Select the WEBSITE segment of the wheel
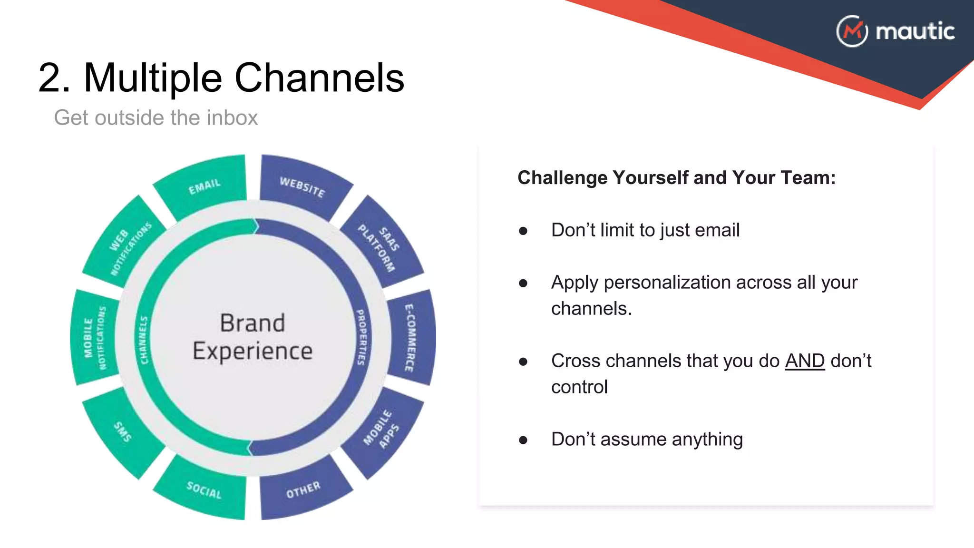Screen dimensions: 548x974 click(302, 187)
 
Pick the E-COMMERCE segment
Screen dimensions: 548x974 click(410, 338)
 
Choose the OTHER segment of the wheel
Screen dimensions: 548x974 click(303, 490)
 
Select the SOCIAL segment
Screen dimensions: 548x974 click(204, 490)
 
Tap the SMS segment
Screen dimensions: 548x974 click(123, 431)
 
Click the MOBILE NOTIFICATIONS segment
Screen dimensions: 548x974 click(95, 338)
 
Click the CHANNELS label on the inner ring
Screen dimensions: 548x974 click(144, 340)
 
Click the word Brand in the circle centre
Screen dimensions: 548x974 click(253, 323)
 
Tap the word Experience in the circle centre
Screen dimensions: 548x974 click(253, 352)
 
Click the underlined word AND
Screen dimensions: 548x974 click(805, 361)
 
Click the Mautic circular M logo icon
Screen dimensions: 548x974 click(852, 31)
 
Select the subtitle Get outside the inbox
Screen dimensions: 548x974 click(156, 117)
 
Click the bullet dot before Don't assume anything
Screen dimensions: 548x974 click(523, 440)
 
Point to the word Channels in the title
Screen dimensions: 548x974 click(319, 78)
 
